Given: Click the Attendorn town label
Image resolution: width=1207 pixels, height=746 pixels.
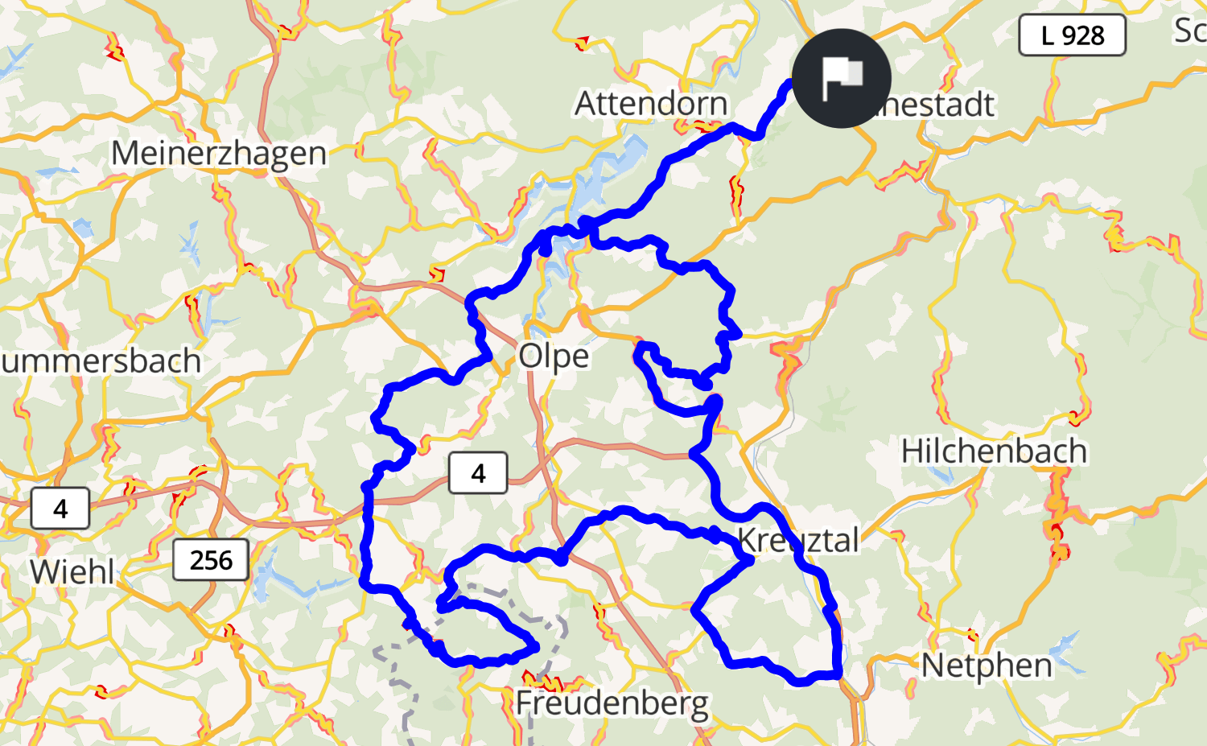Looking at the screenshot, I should (651, 104).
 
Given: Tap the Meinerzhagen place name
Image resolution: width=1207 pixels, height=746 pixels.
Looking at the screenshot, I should (219, 153).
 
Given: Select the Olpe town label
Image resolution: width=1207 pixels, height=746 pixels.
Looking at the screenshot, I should (554, 356).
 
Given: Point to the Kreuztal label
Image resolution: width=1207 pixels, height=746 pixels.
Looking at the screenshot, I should (798, 540).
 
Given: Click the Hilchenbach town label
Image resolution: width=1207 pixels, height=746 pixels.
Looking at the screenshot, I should (994, 451).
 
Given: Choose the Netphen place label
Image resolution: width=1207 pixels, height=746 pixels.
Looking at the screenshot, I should (987, 666).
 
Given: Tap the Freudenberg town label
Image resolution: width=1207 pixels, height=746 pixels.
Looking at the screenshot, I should (612, 703).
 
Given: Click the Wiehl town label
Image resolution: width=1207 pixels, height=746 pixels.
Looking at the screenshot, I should (72, 572).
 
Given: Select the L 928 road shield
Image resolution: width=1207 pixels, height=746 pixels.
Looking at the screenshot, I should (1072, 35).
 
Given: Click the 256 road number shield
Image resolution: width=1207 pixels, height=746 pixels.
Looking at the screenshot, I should (211, 560).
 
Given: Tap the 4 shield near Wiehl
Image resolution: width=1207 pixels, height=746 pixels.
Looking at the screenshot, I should (60, 509).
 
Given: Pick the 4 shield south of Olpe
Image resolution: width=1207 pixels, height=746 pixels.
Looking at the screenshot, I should (478, 473).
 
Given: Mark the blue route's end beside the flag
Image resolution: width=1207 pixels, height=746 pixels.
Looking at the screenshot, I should (788, 84).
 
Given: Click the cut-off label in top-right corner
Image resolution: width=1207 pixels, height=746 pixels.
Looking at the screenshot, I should (1191, 31).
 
